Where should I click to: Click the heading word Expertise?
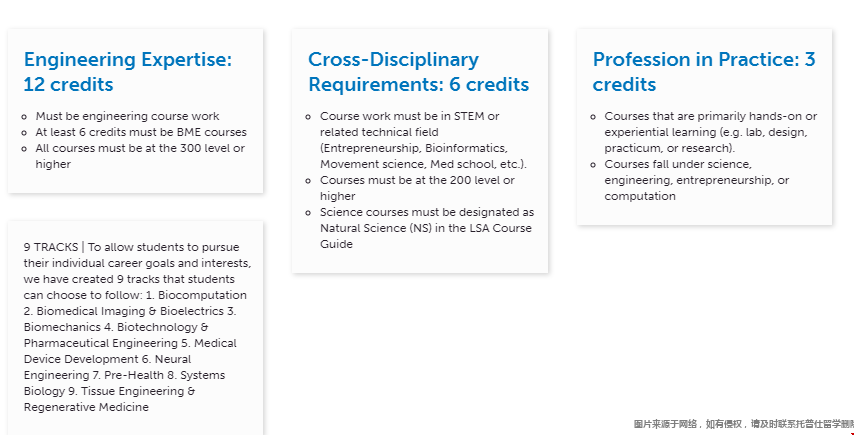186,60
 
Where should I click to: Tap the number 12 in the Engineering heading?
33,84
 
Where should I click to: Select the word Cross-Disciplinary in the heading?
394,60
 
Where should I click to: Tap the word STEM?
469,117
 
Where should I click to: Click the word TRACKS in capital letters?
56,248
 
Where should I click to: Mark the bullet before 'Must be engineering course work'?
24,117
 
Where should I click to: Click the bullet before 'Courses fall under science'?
593,164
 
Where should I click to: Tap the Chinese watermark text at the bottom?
743,424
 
